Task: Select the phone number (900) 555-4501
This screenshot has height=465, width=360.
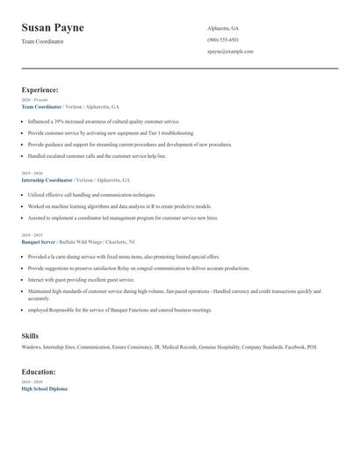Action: click(223, 39)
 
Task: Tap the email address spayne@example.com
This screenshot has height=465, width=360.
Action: click(230, 51)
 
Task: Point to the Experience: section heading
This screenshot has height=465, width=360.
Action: click(40, 89)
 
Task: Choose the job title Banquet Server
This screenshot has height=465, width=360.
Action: click(40, 240)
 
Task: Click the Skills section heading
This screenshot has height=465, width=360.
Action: click(30, 336)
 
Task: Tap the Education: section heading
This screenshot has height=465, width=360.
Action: click(39, 371)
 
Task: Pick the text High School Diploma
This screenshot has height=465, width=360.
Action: click(44, 388)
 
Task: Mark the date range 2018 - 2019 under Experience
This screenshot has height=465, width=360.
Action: click(32, 234)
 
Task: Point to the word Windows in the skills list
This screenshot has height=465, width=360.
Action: click(32, 347)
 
